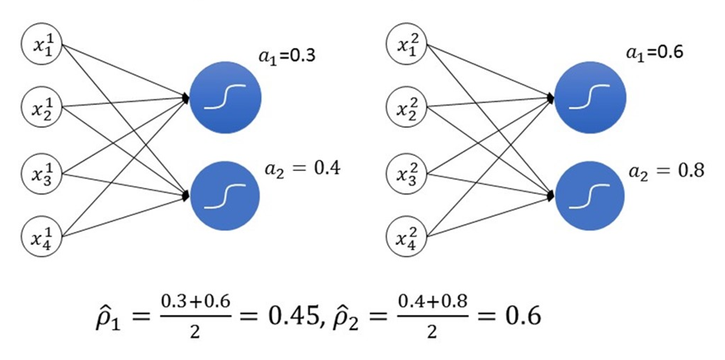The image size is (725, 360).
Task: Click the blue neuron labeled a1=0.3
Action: (x=226, y=97)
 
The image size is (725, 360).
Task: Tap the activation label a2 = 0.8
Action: (x=667, y=171)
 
